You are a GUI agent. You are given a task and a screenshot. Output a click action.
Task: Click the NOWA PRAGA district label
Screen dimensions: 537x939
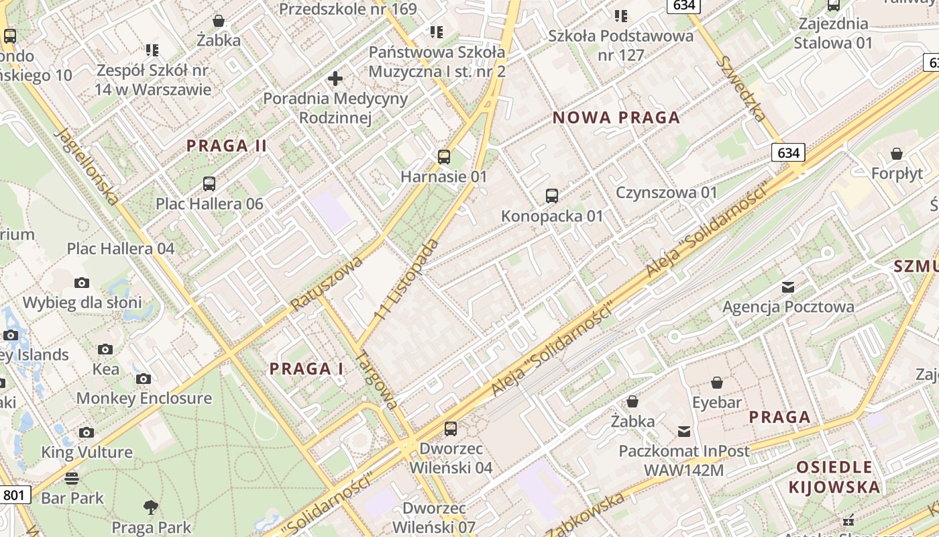(x=616, y=118)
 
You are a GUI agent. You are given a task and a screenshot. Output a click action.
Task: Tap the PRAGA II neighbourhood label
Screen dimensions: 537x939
(x=227, y=146)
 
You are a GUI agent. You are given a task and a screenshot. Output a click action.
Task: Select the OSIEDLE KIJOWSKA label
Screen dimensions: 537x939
(x=834, y=477)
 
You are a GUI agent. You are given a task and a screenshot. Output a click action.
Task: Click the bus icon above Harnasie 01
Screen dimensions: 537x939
(x=443, y=157)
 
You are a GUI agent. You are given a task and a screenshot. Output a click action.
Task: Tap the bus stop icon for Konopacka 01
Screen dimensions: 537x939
(x=551, y=196)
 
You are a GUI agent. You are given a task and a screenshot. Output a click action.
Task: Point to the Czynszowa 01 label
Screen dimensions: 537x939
(x=667, y=193)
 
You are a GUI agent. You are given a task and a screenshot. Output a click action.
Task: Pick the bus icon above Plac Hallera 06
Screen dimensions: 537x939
(x=209, y=183)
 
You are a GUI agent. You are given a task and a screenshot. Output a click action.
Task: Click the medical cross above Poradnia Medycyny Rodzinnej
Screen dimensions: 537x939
(x=335, y=79)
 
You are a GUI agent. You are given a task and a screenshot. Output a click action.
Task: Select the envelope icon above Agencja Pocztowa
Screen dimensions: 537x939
(x=788, y=287)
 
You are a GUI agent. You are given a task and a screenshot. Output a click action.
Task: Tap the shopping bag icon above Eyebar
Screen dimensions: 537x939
(x=717, y=383)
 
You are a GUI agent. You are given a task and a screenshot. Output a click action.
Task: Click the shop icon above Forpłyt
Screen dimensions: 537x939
(x=897, y=154)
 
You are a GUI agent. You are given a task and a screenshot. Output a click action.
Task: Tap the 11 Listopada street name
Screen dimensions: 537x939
(x=406, y=279)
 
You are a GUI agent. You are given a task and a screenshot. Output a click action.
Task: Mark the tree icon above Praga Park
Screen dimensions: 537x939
(x=151, y=507)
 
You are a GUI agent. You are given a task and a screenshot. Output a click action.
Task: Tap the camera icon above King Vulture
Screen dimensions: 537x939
(x=87, y=433)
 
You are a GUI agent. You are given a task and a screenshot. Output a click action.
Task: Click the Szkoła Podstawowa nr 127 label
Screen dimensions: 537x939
(x=620, y=45)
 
